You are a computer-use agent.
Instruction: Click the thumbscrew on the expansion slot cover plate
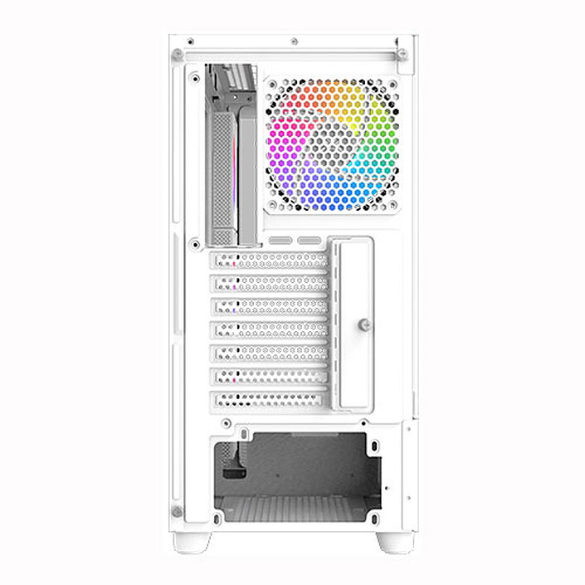[363, 324]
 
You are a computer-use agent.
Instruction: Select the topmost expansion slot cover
[271, 260]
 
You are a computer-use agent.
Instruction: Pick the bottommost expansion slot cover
[271, 399]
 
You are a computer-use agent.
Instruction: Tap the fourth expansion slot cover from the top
[271, 329]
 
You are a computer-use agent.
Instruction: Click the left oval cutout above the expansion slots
[280, 241]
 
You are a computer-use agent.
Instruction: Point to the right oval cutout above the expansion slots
[310, 241]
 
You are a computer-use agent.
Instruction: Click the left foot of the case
[192, 542]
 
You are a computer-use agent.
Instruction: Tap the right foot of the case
[395, 542]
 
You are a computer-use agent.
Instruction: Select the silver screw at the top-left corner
[177, 55]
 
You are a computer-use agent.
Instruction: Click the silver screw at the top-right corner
[402, 55]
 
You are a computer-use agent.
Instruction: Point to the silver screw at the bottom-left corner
[177, 511]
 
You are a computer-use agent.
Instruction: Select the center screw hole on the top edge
[294, 41]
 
